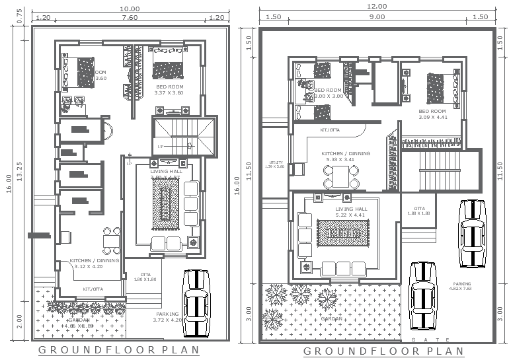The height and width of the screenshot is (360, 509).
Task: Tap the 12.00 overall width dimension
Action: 377,7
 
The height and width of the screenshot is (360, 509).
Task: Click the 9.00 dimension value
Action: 377,17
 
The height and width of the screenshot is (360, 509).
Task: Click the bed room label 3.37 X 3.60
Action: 169,90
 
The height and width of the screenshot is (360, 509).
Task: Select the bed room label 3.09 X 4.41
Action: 432,114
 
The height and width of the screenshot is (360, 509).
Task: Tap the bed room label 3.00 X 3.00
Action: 328,93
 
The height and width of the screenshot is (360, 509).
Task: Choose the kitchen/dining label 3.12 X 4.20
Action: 95,264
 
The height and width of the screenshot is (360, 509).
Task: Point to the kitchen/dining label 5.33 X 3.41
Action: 346,157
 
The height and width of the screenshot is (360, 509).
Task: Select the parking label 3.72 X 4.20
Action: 167,317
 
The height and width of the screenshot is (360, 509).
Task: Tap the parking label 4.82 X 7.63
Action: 462,287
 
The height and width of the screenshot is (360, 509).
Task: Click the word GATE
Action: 422,340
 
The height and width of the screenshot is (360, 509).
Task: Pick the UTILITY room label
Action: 276,164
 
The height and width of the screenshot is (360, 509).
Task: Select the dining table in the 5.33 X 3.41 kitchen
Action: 341,176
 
